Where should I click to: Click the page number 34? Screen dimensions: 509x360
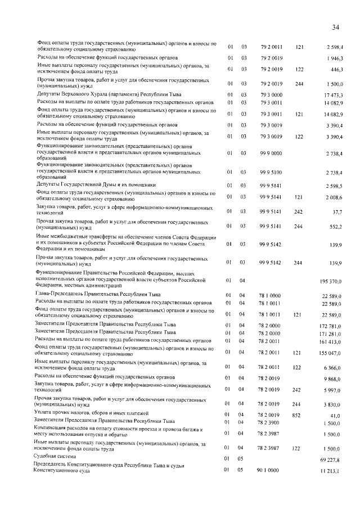coord(335,27)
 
